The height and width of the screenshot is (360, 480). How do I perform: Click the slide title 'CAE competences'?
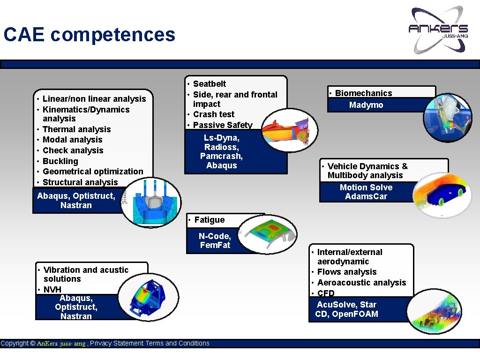pos(89,35)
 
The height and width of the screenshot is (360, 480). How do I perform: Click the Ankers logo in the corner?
pos(438,29)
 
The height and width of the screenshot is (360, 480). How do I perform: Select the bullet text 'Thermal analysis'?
pos(76,129)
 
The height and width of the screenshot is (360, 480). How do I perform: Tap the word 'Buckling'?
pos(60,161)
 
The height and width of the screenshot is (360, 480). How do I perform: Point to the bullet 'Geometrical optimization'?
pos(93,172)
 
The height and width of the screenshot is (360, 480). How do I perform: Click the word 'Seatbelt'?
pos(210,84)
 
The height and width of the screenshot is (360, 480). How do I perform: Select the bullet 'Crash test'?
pos(214,114)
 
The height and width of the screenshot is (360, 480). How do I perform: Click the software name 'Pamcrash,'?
pos(221,156)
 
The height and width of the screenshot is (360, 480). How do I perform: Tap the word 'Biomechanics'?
pos(363,93)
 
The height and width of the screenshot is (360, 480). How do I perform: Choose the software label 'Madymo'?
pos(366,105)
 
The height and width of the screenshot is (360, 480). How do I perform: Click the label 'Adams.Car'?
pos(366,196)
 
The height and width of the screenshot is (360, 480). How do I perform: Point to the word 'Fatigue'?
pos(210,220)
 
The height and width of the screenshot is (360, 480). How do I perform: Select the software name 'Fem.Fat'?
pos(215,245)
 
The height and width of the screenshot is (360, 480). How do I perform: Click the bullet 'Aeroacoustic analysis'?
pos(361,283)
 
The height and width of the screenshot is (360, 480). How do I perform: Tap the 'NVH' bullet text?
pos(52,289)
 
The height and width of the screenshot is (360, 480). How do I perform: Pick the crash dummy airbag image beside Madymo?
pos(447,117)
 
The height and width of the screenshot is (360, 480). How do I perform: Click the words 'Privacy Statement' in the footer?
pos(117,344)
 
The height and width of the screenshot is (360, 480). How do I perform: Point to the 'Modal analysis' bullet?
pos(72,140)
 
